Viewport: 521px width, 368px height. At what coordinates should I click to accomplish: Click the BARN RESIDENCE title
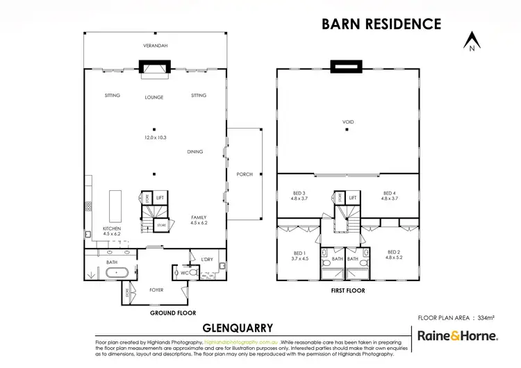[x=381, y=24]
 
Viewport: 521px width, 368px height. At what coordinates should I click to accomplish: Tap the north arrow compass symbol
[x=471, y=42]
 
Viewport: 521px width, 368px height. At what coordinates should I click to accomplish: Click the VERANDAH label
[x=156, y=45]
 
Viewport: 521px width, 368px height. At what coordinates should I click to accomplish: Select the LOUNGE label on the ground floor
[x=154, y=97]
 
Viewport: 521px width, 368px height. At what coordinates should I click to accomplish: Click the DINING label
[x=195, y=151]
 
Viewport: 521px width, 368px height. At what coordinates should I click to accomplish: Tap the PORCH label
[x=245, y=174]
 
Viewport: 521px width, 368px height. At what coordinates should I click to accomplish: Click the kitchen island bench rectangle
[x=115, y=203]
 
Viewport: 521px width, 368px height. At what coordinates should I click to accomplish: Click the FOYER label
[x=156, y=290]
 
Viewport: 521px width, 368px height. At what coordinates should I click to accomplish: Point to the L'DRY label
[x=207, y=260]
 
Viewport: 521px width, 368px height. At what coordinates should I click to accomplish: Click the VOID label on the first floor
[x=348, y=122]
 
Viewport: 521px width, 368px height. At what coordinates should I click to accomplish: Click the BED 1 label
[x=299, y=254]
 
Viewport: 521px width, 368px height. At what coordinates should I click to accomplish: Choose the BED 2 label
[x=394, y=254]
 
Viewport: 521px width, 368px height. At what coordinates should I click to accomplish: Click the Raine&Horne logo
[x=457, y=336]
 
